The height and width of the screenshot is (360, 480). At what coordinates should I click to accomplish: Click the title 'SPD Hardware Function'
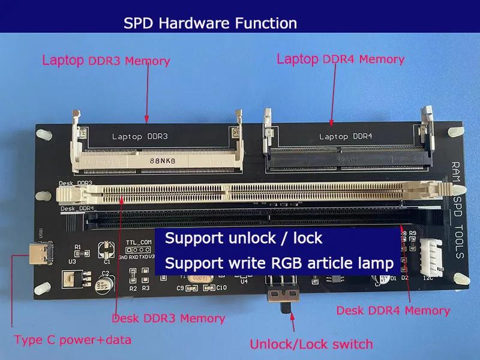(x=210, y=23)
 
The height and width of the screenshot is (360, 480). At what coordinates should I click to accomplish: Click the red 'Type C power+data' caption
(x=72, y=340)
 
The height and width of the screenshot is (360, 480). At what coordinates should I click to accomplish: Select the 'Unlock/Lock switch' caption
(x=311, y=344)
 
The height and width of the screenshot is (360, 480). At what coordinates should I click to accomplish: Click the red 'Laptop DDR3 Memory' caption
(x=106, y=61)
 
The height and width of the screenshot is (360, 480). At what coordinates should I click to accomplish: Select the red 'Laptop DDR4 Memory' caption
(x=340, y=59)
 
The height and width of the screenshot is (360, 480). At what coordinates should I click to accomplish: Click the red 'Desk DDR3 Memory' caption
(x=169, y=319)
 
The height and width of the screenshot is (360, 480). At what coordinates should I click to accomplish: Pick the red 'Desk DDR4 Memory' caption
(x=393, y=310)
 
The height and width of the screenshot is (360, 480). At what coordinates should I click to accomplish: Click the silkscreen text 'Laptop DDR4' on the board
(x=346, y=136)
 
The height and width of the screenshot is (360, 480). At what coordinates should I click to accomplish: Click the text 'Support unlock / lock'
(x=244, y=238)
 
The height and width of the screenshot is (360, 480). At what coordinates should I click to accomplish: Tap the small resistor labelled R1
(x=78, y=253)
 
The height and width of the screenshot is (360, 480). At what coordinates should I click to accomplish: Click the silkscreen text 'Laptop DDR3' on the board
(x=140, y=136)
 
